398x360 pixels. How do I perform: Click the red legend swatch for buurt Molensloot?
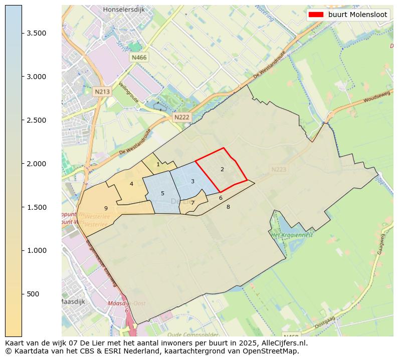point(316,15)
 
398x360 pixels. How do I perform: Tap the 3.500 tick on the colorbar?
point(37,33)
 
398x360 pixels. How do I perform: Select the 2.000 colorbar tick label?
point(37,164)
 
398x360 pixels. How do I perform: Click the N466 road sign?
point(139,58)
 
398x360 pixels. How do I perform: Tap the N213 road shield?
point(102,92)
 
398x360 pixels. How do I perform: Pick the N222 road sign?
point(181,117)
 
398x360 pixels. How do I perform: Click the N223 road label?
point(279,170)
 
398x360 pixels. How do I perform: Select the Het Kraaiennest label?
point(292,235)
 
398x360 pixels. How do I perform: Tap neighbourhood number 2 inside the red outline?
point(222,169)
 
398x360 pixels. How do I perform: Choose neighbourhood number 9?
point(106,208)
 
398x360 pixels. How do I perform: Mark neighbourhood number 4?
point(131,184)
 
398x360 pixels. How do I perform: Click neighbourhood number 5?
point(162,193)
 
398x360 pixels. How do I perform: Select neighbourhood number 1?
point(158,164)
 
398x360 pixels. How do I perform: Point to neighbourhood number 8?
point(228,207)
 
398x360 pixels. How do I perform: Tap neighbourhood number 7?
point(192,203)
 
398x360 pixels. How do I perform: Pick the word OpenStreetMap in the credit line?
point(273,351)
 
